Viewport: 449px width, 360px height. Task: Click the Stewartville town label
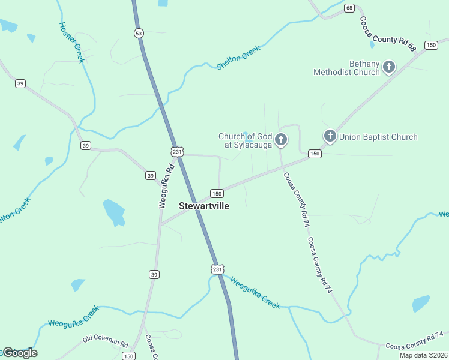(204, 205)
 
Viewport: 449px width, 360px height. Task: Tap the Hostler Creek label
(71, 42)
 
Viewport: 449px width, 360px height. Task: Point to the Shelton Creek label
(238, 58)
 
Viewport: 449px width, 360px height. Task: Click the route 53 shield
(139, 34)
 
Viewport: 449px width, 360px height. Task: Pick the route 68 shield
(349, 8)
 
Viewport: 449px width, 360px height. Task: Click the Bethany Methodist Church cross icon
(389, 67)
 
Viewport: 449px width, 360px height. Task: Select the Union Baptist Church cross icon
(330, 137)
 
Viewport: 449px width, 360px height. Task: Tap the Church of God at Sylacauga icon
(280, 140)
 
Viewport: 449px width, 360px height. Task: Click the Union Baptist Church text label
(378, 137)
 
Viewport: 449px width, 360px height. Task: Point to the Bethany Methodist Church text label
(347, 68)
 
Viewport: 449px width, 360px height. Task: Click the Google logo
(19, 353)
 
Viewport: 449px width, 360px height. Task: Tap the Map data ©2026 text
(424, 355)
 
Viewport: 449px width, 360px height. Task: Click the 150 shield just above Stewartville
(217, 193)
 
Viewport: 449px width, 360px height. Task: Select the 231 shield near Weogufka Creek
(217, 269)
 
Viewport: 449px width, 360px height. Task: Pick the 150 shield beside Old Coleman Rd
(128, 356)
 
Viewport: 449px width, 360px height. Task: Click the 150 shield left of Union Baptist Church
(315, 154)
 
